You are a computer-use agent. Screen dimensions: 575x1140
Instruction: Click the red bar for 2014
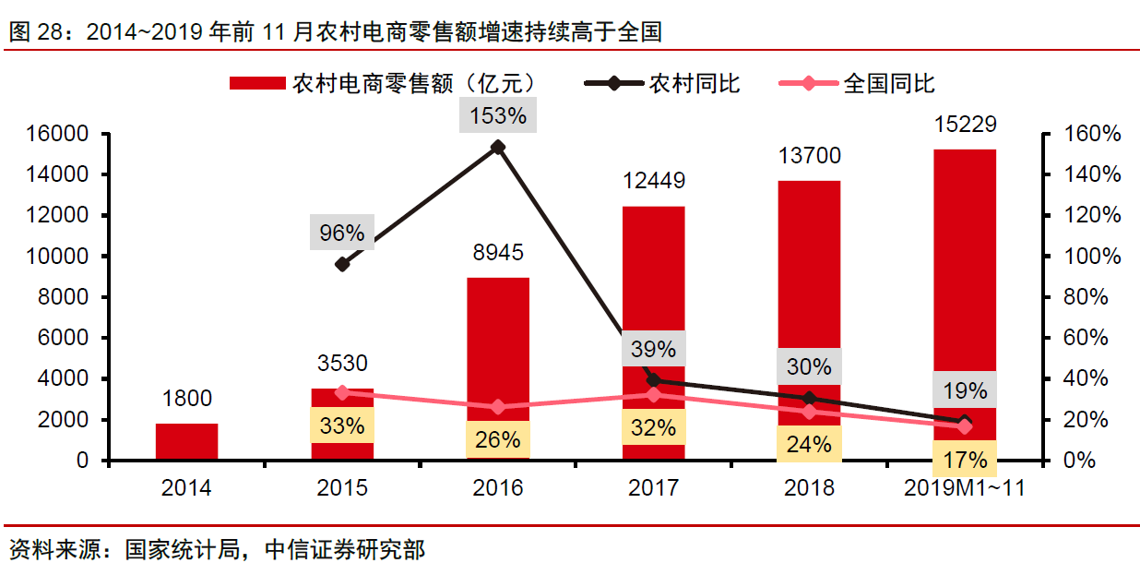(x=186, y=441)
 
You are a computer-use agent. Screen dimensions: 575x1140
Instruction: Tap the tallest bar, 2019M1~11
(x=965, y=277)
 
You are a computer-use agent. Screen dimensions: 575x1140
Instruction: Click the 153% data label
(x=498, y=115)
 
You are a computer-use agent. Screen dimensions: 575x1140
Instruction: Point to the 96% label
(x=342, y=234)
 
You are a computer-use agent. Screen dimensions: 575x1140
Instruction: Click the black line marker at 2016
(x=498, y=147)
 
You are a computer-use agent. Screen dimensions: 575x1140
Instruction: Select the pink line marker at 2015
(x=342, y=392)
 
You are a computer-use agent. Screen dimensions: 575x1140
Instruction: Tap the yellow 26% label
(x=498, y=439)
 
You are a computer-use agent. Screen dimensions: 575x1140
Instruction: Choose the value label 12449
(x=653, y=181)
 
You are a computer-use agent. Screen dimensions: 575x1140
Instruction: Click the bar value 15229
(x=965, y=125)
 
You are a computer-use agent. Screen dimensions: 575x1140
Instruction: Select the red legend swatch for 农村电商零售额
(x=256, y=83)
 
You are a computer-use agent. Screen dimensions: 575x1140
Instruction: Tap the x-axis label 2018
(x=809, y=487)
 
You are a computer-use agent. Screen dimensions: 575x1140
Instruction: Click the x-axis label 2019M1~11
(x=965, y=487)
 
